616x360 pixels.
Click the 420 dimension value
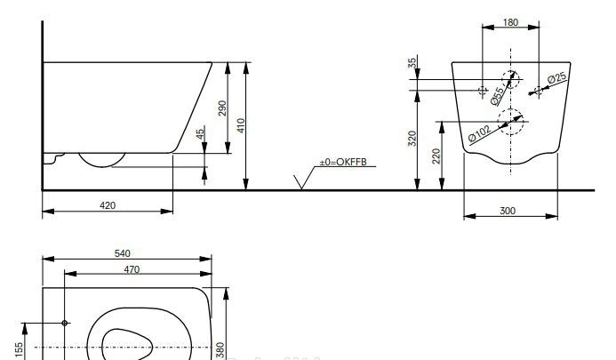pyautogui.click(x=108, y=205)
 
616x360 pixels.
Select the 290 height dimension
pyautogui.click(x=223, y=108)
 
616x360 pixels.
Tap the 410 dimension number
pyautogui.click(x=241, y=125)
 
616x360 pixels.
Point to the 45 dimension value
pyautogui.click(x=200, y=132)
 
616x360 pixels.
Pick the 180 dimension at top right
pyautogui.click(x=510, y=22)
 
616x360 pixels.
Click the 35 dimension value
pyautogui.click(x=412, y=63)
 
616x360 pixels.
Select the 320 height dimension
pyautogui.click(x=412, y=139)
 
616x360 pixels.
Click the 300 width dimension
pyautogui.click(x=508, y=212)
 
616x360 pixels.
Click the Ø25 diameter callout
pyautogui.click(x=556, y=80)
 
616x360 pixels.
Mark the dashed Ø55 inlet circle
pyautogui.click(x=510, y=79)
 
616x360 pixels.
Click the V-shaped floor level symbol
pyautogui.click(x=304, y=180)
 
